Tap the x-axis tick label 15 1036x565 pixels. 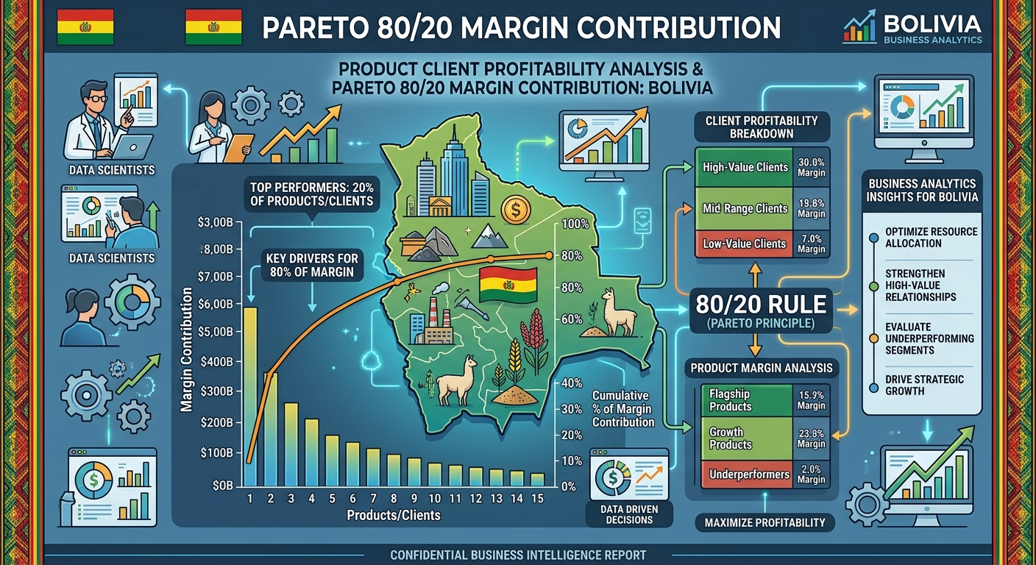point(537,499)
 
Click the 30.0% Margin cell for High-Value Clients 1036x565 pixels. point(812,167)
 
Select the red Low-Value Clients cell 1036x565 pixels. point(745,244)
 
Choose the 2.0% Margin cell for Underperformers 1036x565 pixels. point(812,474)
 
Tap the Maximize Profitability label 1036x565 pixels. point(764,523)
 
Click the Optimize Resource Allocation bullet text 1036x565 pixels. point(932,237)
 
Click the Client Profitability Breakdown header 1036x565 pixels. point(762,127)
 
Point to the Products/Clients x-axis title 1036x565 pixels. point(394,515)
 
